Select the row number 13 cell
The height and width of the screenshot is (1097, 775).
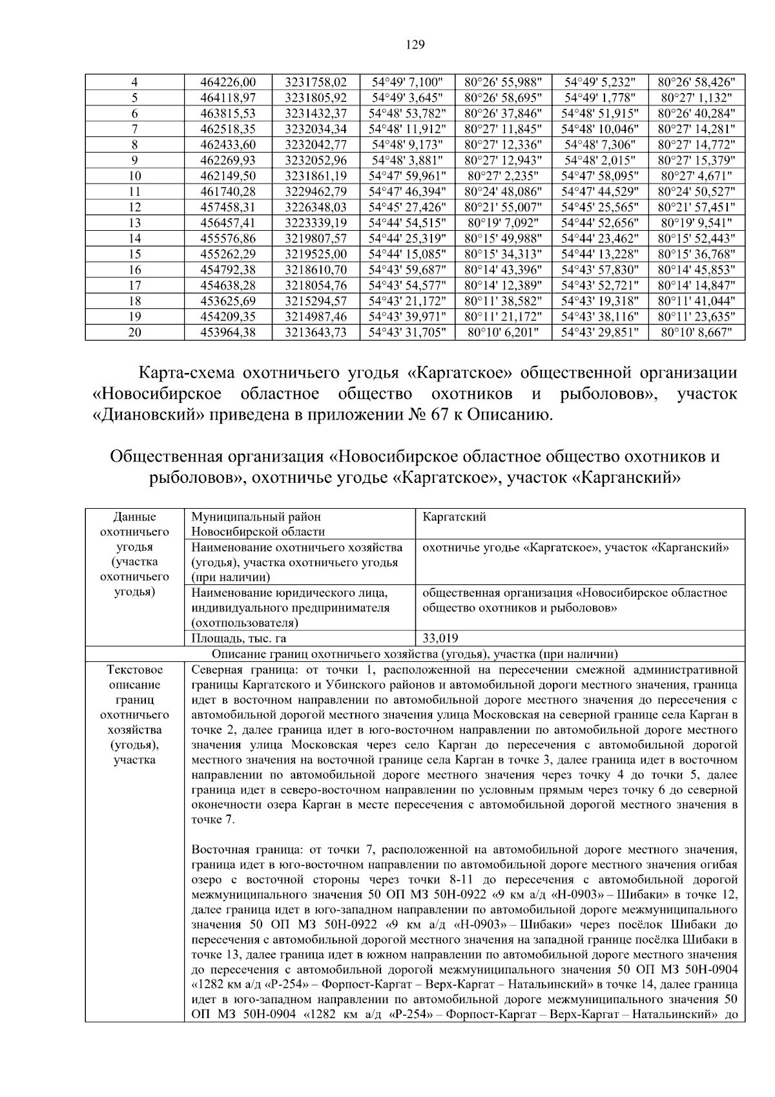(135, 223)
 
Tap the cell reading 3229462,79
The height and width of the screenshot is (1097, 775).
(316, 192)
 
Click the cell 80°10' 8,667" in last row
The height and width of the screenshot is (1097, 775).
(696, 332)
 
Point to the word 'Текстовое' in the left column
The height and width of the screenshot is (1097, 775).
(134, 670)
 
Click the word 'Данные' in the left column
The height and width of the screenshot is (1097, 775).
(134, 517)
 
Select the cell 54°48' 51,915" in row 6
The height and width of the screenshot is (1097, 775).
(599, 114)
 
